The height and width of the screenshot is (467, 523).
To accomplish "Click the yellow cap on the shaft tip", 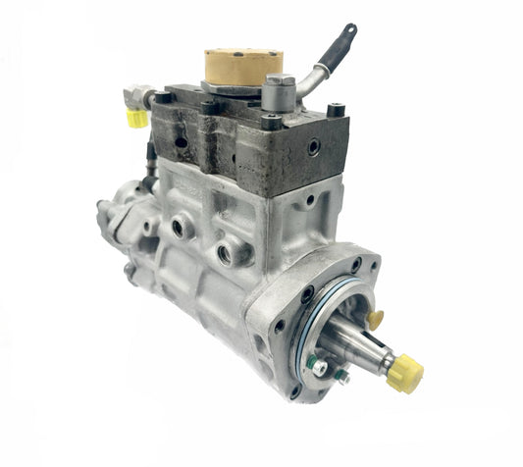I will pos(405,374).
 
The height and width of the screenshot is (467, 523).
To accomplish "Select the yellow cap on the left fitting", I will pos(137,118).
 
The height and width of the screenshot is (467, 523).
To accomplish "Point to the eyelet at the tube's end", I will pos(349,30).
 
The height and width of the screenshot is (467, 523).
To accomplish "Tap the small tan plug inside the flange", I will pos(374,319).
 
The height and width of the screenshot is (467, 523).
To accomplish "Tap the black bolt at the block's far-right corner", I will pos(337,111).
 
